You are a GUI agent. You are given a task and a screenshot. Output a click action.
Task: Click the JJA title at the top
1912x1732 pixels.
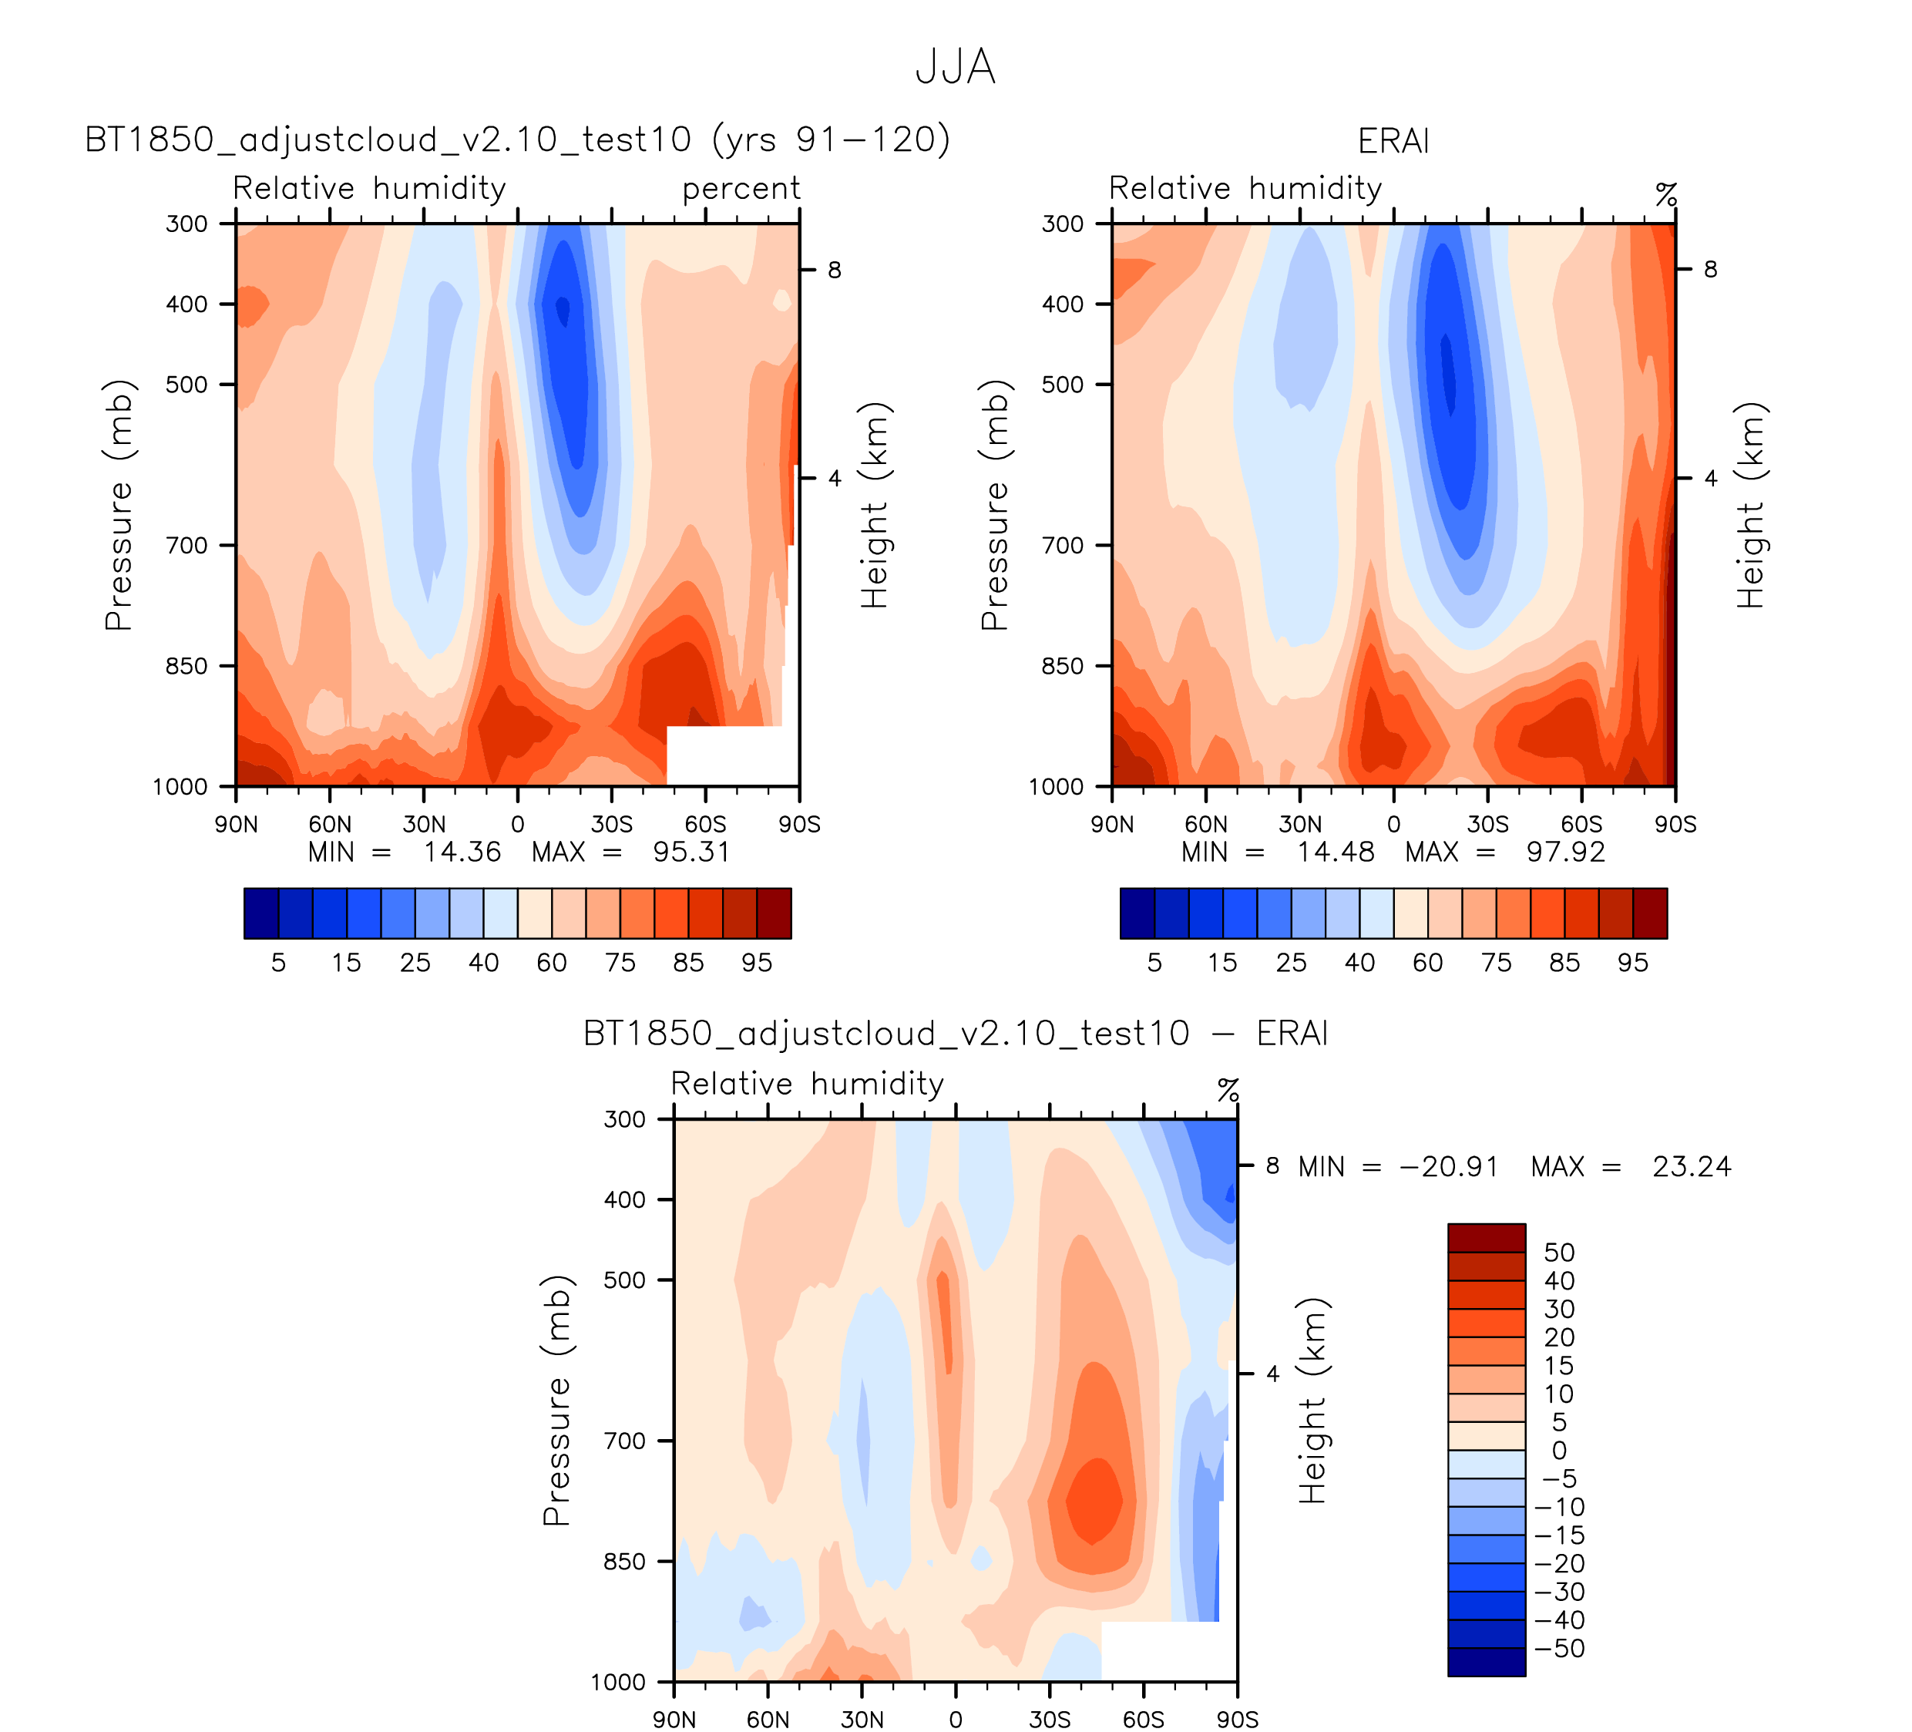[955, 67]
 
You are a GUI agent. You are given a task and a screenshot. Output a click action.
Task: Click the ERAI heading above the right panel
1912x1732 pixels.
[1393, 141]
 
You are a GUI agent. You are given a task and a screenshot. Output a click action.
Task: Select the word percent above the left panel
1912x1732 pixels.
[741, 189]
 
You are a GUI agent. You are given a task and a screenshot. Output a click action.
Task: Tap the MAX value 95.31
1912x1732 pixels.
[691, 852]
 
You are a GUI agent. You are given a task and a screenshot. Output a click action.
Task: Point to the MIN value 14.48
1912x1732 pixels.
[1336, 852]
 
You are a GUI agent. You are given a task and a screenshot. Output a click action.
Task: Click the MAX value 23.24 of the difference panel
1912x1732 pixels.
[1692, 1167]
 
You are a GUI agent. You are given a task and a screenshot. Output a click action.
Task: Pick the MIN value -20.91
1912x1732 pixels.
[1448, 1167]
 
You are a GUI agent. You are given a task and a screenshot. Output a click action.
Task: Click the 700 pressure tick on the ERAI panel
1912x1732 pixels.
[1062, 546]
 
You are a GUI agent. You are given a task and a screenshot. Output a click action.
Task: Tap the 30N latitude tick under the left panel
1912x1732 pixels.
[423, 824]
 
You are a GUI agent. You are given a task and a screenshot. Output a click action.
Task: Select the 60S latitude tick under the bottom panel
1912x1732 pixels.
[1144, 1720]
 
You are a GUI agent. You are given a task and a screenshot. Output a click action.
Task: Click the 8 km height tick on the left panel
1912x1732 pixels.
[835, 271]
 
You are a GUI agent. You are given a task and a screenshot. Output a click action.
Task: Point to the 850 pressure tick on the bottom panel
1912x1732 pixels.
[624, 1561]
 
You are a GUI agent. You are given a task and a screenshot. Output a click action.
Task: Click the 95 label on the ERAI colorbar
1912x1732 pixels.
[1632, 963]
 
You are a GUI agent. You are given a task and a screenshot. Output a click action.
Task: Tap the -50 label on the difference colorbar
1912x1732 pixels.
[1558, 1649]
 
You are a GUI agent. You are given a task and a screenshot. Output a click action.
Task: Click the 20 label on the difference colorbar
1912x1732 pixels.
[1558, 1337]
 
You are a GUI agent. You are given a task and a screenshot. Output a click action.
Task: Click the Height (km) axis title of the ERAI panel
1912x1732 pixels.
[1751, 505]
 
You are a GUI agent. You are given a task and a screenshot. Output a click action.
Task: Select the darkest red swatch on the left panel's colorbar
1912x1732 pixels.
[774, 913]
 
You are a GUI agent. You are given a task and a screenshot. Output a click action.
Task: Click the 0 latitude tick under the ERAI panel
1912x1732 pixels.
[1393, 824]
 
